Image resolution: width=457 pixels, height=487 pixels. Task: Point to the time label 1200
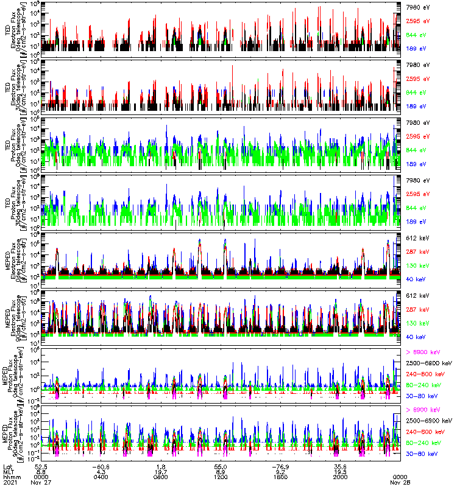point(221,476)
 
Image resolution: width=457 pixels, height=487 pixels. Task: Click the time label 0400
point(101,476)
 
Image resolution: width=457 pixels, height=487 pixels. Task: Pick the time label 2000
point(341,476)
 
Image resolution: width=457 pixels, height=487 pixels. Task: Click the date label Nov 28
point(400,482)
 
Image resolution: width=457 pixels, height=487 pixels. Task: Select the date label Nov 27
point(41,482)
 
